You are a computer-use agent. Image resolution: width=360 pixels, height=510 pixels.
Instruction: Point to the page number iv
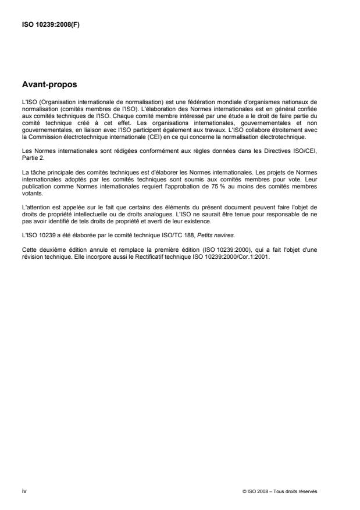23,491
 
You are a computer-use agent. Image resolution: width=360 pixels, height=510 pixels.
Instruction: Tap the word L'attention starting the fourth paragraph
34,208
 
